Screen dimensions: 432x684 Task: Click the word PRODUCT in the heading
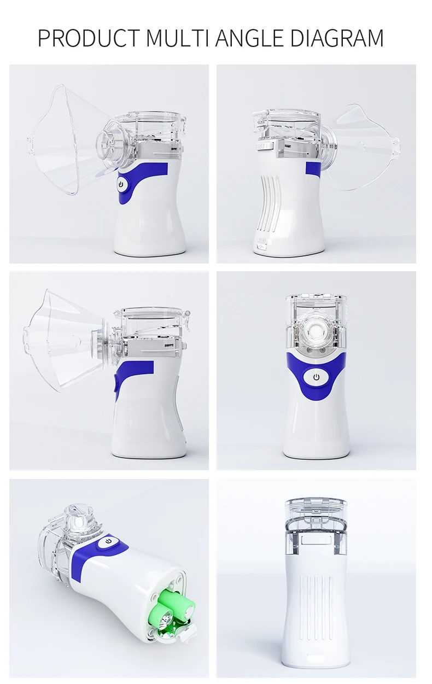(x=89, y=38)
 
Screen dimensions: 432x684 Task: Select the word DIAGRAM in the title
(x=337, y=38)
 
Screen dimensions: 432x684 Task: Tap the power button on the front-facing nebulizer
(x=316, y=377)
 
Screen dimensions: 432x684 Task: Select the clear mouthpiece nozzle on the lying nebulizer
(x=77, y=517)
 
